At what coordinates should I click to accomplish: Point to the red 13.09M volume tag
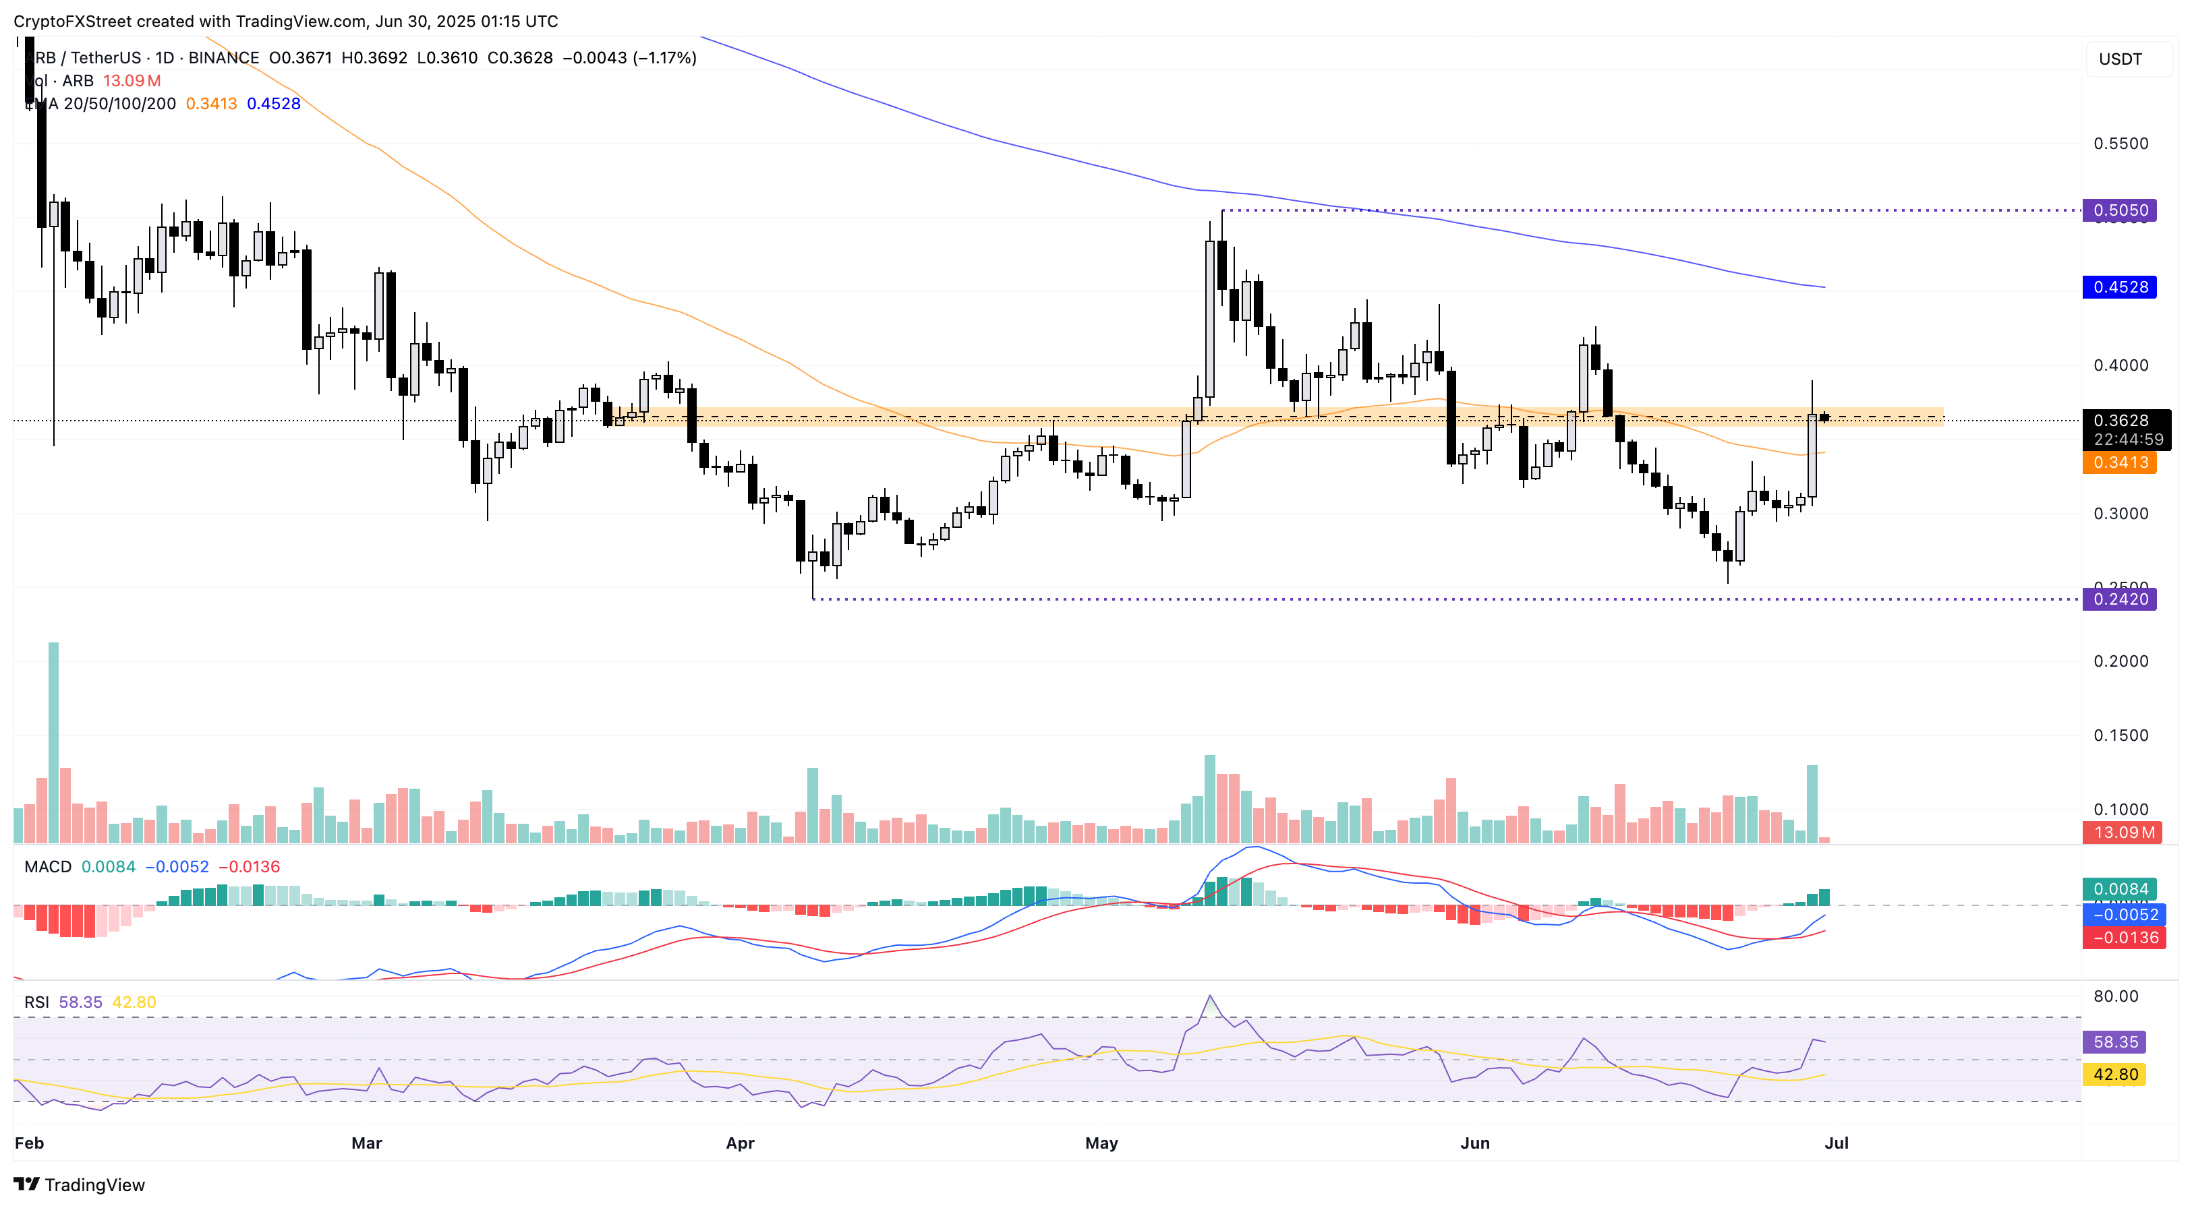coord(2123,832)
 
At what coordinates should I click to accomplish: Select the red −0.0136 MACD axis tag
coord(2124,938)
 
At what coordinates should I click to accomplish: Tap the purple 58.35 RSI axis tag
coord(2114,1042)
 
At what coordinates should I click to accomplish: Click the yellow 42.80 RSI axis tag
coord(2114,1075)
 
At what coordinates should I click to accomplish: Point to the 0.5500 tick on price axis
coord(2121,143)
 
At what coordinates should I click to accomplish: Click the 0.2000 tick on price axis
coord(2121,661)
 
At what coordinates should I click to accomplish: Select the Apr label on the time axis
coord(739,1143)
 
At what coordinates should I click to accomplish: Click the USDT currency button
coord(2120,59)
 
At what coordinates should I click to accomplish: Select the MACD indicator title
coord(48,867)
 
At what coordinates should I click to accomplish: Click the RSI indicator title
coord(36,1002)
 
